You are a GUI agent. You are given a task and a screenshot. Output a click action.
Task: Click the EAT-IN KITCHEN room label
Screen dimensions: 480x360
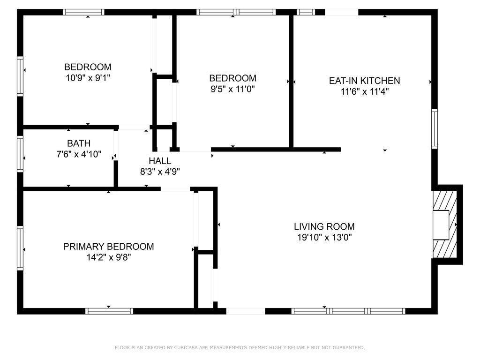pos(364,81)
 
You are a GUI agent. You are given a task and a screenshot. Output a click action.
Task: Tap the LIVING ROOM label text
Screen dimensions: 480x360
pos(324,226)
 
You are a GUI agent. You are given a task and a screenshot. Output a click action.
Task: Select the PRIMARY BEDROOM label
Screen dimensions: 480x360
pos(108,247)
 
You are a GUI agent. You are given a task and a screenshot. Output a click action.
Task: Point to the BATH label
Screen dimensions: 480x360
pos(79,143)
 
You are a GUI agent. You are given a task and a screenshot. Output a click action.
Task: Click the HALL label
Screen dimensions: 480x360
pos(160,161)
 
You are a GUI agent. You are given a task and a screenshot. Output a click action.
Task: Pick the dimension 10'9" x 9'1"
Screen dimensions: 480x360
pos(88,78)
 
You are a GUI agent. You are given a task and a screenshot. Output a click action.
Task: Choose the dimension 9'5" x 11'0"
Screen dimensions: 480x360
pos(232,89)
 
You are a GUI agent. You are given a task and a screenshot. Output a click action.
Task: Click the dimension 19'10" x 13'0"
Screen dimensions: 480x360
pos(324,238)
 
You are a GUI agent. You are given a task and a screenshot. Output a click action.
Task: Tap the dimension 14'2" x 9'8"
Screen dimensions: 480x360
pos(109,257)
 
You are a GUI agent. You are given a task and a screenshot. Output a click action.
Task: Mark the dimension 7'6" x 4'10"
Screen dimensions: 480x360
pos(79,154)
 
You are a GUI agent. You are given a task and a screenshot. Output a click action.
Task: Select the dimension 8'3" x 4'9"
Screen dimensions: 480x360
pos(160,172)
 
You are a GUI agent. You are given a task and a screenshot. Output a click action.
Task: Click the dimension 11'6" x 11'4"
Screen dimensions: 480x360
pos(365,91)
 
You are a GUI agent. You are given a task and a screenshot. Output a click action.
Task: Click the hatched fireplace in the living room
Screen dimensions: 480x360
pos(444,225)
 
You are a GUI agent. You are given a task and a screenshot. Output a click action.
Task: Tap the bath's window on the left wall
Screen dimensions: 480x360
pos(20,154)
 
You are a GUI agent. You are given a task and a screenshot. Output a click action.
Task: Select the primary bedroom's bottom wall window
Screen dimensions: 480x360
pos(109,311)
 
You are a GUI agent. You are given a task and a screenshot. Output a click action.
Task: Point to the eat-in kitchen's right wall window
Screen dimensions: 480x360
pos(435,128)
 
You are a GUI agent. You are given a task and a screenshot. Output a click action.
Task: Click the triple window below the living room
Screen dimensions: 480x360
pos(348,311)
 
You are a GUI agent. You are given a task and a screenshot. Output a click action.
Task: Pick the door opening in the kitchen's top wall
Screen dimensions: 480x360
pos(341,12)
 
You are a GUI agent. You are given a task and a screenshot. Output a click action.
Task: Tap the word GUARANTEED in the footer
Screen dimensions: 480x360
pos(349,347)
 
